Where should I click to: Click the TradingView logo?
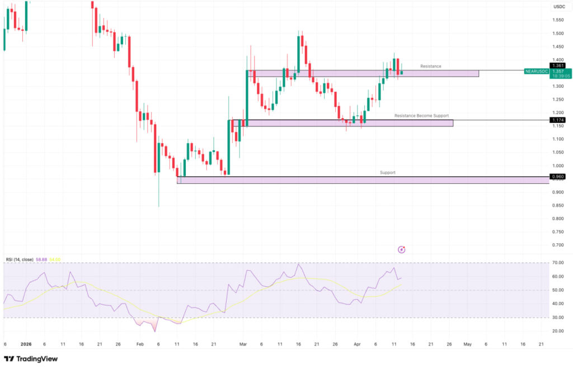[31, 359]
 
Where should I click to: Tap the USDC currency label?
[559, 7]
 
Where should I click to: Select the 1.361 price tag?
[558, 65]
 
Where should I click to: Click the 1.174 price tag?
[558, 120]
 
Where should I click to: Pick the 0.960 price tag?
[558, 177]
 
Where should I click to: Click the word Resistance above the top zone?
[431, 66]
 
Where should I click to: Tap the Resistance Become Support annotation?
[421, 116]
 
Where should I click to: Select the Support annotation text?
[387, 173]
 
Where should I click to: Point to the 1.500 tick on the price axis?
[557, 33]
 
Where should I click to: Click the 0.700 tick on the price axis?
[557, 245]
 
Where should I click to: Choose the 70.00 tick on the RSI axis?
[557, 263]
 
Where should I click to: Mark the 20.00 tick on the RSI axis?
[557, 331]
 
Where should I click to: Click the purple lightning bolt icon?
[401, 249]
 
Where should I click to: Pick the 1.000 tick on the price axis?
[557, 166]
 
